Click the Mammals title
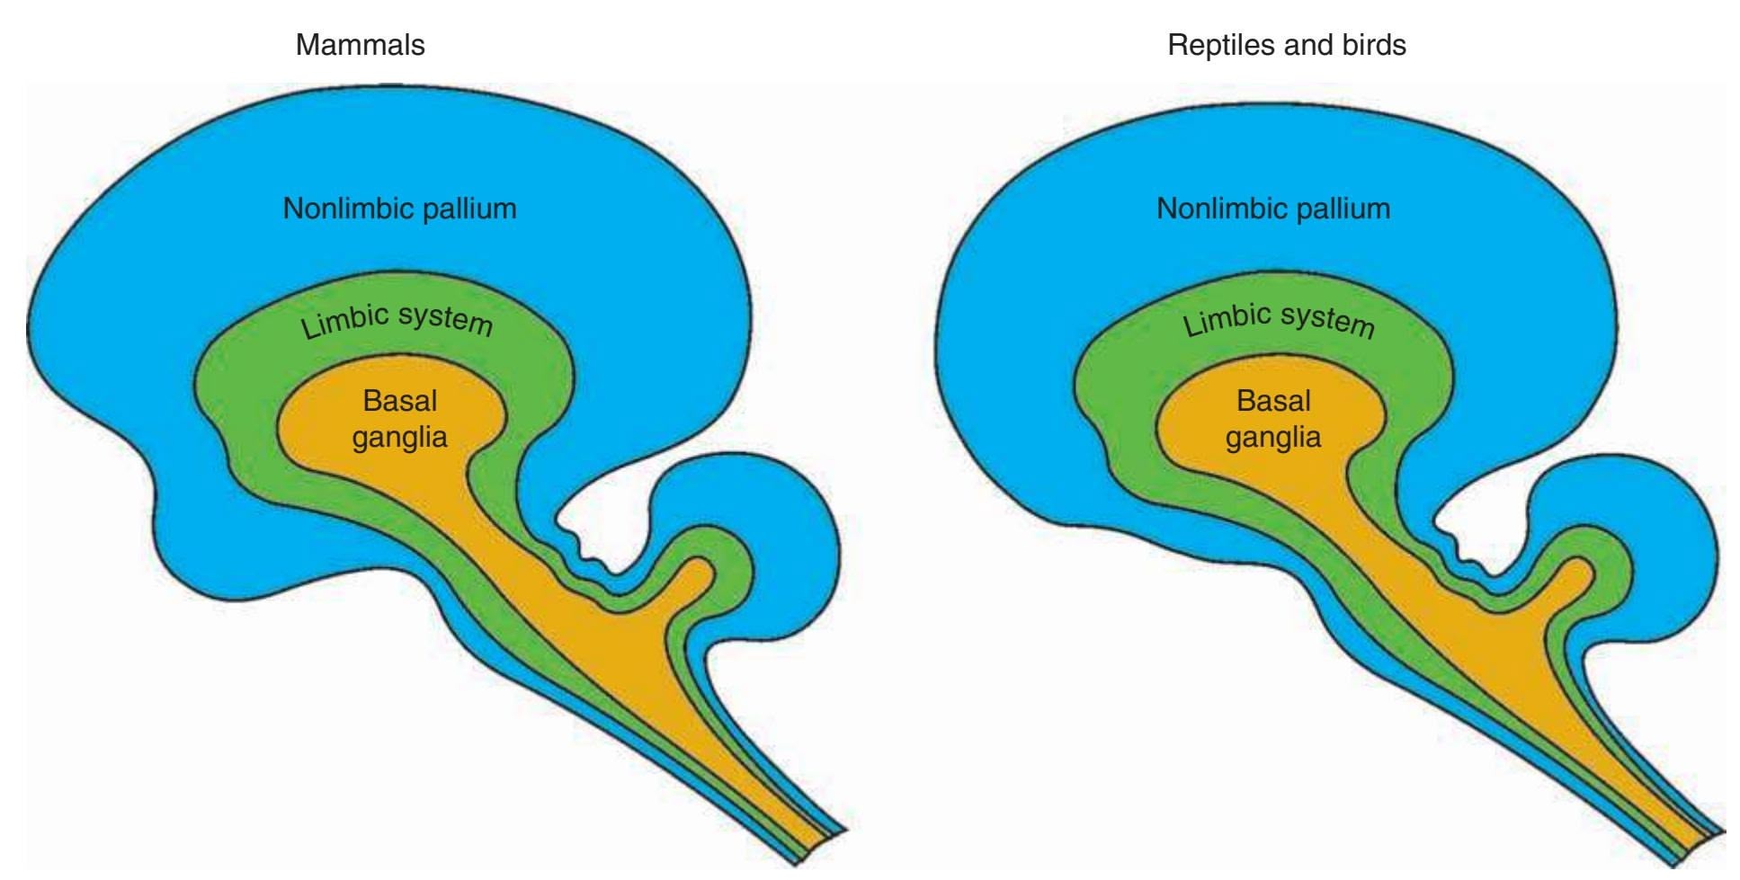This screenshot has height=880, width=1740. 360,45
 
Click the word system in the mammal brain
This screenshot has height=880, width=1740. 446,320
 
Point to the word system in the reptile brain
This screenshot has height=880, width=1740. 1328,320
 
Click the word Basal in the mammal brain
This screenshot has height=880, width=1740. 400,401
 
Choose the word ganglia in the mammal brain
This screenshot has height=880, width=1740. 399,439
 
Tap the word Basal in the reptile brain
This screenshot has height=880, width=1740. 1273,401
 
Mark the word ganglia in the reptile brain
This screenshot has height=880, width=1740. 1272,439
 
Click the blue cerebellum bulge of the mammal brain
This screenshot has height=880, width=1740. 791,530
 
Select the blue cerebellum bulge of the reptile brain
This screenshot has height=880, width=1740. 1673,530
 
